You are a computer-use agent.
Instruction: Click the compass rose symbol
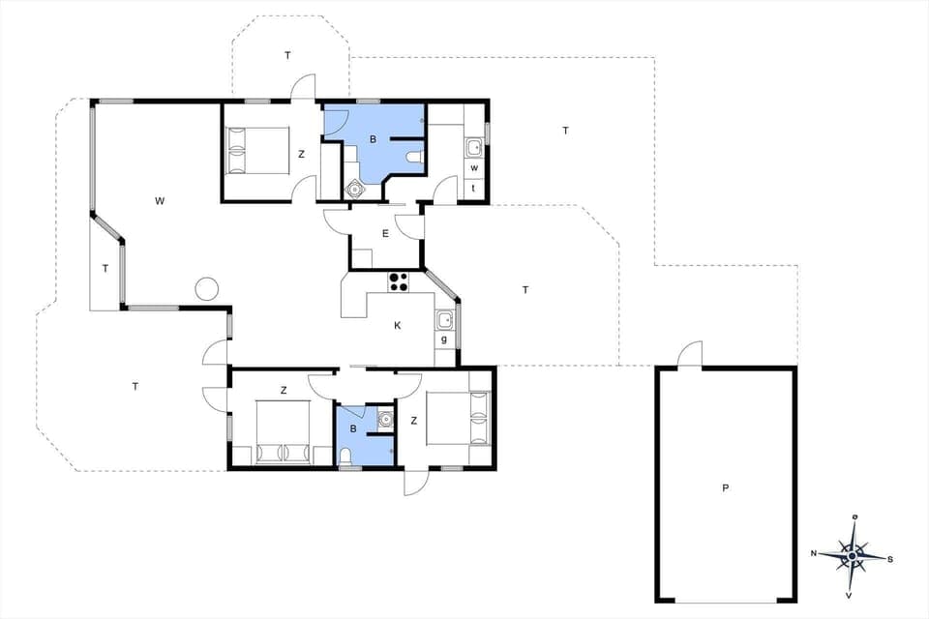[852, 555]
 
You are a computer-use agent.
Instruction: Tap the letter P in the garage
[725, 488]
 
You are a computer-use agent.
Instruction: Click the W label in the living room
[160, 201]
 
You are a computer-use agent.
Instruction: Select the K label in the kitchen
[398, 326]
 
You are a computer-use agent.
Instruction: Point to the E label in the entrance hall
[385, 233]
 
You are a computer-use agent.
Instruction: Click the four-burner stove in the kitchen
[399, 281]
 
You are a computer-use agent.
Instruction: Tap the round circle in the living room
[206, 288]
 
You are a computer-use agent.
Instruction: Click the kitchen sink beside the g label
[445, 320]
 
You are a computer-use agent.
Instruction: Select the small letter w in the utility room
[474, 167]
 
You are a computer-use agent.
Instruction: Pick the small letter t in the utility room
[474, 188]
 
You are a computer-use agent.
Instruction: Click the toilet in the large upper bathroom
[414, 158]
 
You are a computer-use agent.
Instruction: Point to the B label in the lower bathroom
[353, 428]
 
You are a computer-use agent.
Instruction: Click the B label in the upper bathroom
[373, 139]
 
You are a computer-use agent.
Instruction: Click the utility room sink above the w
[474, 148]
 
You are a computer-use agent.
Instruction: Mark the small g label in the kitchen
[444, 339]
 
